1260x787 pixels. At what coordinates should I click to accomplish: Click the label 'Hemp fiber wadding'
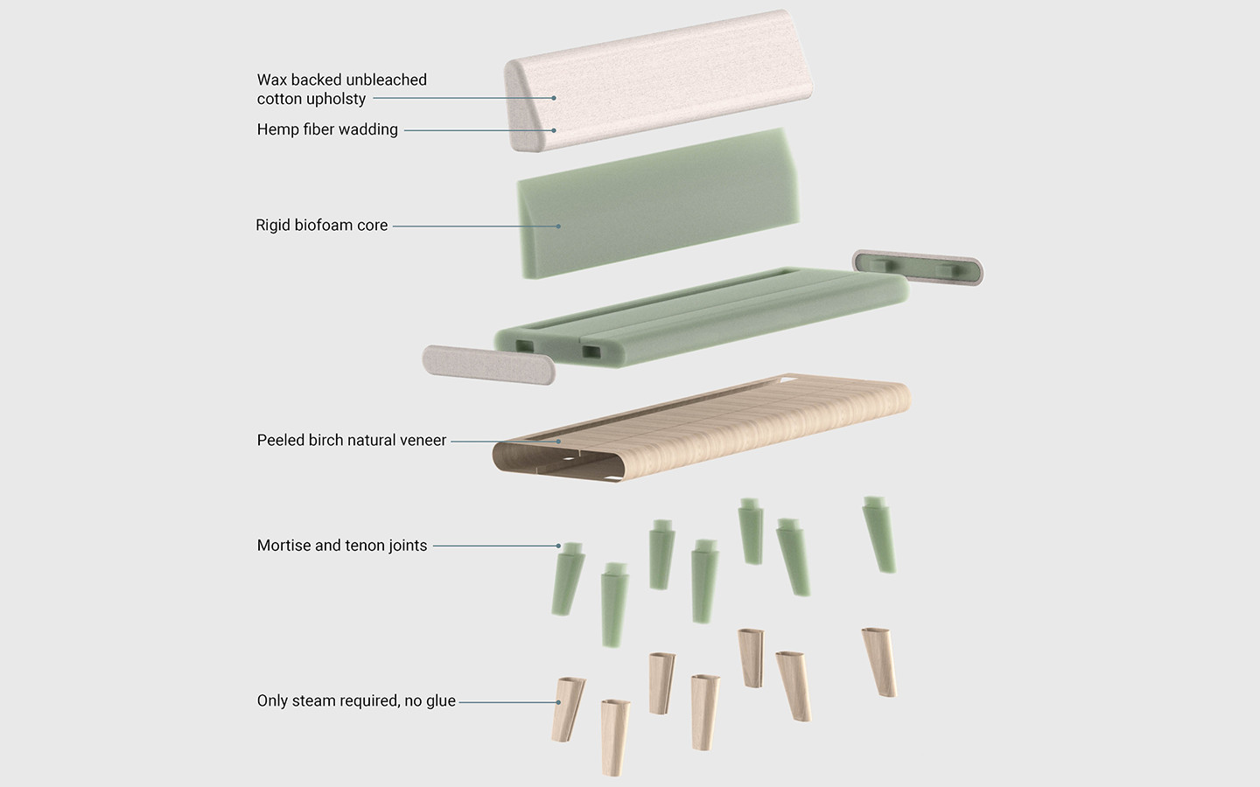pyautogui.click(x=327, y=129)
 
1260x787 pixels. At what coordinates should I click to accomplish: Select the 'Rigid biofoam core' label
pyautogui.click(x=321, y=226)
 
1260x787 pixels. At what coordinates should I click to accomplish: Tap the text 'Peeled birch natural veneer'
pyautogui.click(x=351, y=441)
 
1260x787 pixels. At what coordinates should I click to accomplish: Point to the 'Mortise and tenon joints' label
pyautogui.click(x=341, y=546)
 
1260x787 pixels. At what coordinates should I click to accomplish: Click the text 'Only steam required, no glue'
pyautogui.click(x=355, y=701)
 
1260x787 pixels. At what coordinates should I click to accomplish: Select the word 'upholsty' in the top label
pyautogui.click(x=337, y=100)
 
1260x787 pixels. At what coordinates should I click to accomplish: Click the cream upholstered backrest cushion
pyautogui.click(x=665, y=83)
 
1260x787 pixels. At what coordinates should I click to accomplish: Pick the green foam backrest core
pyautogui.click(x=656, y=205)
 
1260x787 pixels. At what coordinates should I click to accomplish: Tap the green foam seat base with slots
pyautogui.click(x=700, y=315)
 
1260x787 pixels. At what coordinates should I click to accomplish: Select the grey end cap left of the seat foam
pyautogui.click(x=487, y=365)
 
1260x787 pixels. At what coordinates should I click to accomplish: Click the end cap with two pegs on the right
pyautogui.click(x=917, y=267)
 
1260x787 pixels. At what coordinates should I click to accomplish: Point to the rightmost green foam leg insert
pyautogui.click(x=878, y=535)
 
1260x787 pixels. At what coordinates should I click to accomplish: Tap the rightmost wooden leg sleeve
pyautogui.click(x=879, y=661)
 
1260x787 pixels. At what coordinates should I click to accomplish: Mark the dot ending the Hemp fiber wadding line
pyautogui.click(x=554, y=130)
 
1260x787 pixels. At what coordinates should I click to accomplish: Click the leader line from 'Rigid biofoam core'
pyautogui.click(x=472, y=226)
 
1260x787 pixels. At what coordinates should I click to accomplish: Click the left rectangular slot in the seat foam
pyautogui.click(x=525, y=346)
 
